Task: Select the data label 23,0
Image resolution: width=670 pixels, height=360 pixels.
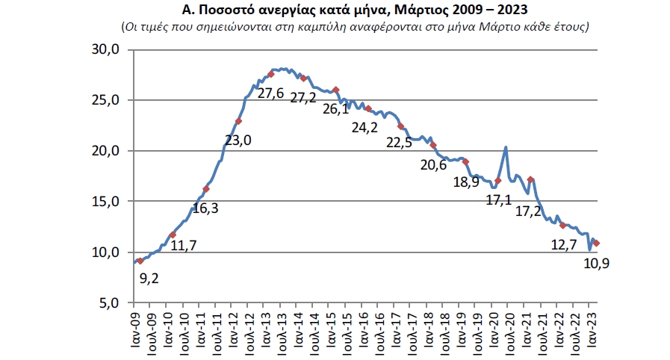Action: click(x=238, y=140)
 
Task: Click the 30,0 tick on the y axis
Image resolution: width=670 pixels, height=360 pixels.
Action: click(x=105, y=49)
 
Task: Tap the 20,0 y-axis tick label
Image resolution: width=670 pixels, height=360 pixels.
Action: click(x=105, y=151)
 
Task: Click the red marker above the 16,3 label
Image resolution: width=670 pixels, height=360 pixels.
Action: click(x=206, y=189)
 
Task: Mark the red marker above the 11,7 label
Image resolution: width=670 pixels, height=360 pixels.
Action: click(x=173, y=235)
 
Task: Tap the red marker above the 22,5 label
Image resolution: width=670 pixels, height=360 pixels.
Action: click(x=401, y=126)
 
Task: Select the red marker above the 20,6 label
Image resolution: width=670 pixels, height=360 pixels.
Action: click(x=433, y=145)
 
